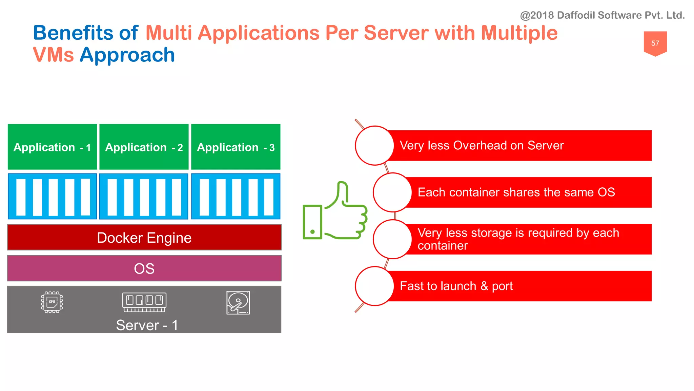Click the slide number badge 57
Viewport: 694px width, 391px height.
[655, 43]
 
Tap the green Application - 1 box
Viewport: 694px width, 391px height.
[52, 147]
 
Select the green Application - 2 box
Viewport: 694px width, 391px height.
[144, 147]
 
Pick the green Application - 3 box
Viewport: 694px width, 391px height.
[236, 147]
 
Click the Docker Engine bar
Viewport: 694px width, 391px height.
[144, 238]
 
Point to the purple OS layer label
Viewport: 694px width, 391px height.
[144, 268]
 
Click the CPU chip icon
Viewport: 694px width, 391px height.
[52, 302]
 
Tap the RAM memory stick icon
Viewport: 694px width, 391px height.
[144, 302]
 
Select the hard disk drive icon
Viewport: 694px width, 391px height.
[238, 302]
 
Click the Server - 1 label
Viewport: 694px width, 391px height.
[147, 325]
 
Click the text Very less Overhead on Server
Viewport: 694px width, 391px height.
[481, 146]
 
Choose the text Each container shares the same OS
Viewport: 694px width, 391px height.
[516, 192]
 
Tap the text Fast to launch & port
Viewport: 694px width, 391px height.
[456, 286]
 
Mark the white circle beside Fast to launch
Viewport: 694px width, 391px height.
[374, 286]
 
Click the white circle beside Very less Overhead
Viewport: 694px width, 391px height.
[374, 146]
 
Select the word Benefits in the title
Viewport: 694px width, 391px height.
[73, 33]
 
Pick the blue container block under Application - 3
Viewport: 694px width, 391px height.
[236, 197]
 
